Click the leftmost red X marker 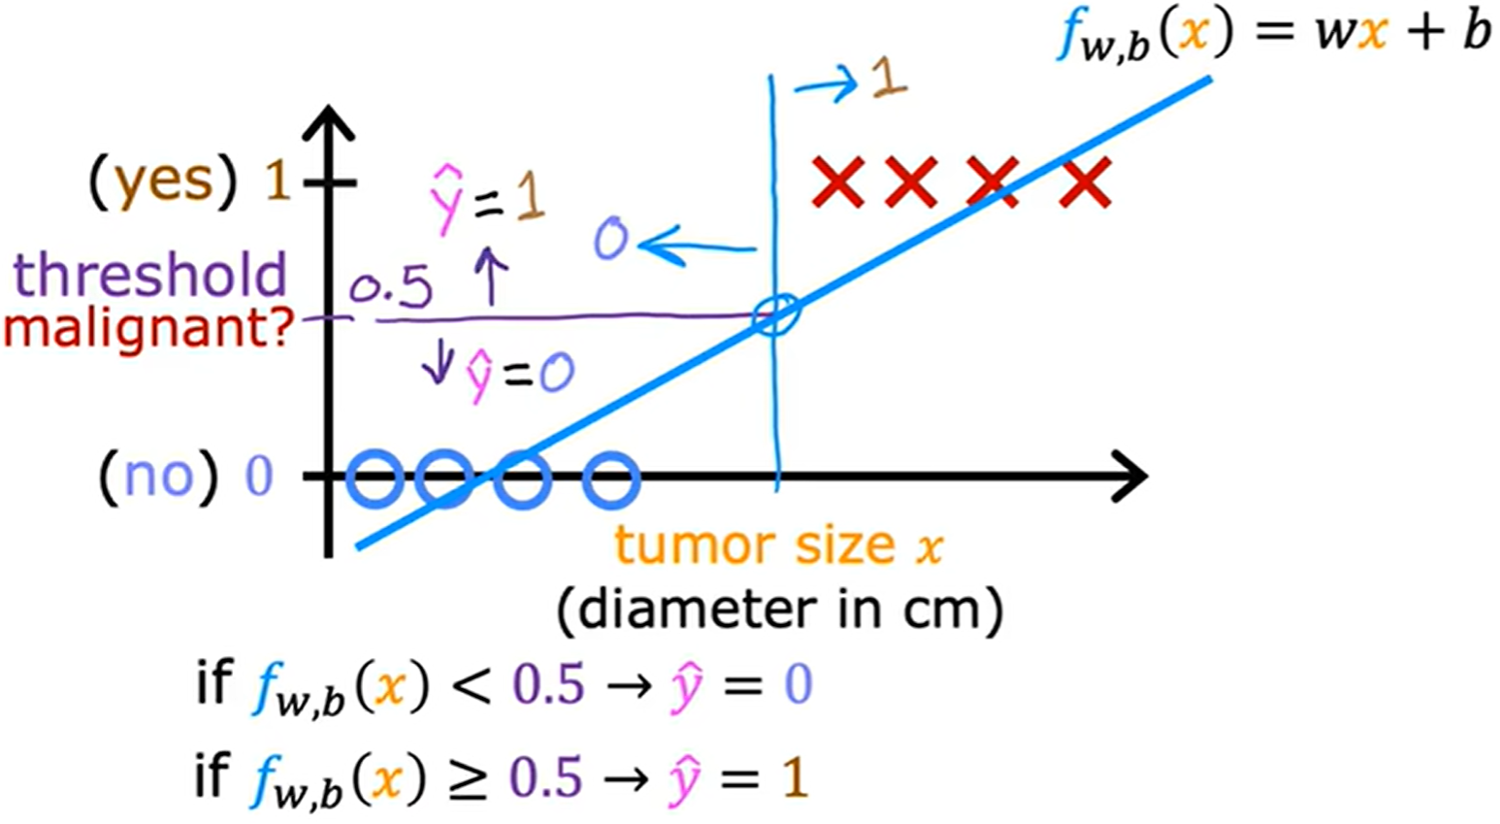[837, 181]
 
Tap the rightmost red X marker [1084, 182]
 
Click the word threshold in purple [150, 275]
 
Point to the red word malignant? [147, 329]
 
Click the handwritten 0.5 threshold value [391, 288]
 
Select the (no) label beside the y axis [160, 477]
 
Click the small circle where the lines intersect [776, 315]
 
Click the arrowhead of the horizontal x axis [1130, 477]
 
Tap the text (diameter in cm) [779, 610]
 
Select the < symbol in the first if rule [469, 686]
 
